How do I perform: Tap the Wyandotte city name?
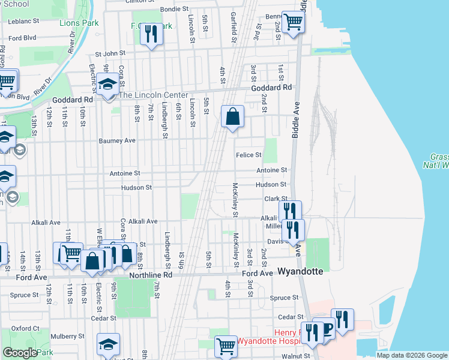click(300, 271)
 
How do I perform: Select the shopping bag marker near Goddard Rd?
click(233, 116)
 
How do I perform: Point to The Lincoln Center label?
click(154, 95)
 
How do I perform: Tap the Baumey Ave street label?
click(117, 140)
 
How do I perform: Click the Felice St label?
click(248, 155)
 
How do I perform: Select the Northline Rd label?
click(151, 275)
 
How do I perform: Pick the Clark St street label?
click(276, 199)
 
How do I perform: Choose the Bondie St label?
click(174, 10)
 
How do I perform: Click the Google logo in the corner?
click(19, 353)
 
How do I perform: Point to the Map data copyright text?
click(412, 355)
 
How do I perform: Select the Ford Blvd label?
click(23, 37)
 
